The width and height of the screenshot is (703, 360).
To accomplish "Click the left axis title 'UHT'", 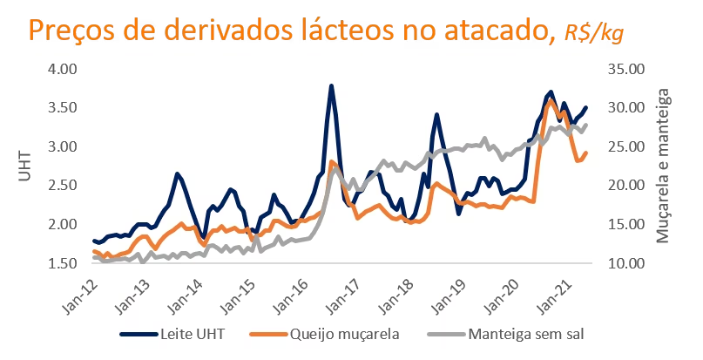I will click(x=24, y=165).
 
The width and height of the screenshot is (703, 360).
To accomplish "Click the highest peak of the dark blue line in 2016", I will click(x=331, y=86).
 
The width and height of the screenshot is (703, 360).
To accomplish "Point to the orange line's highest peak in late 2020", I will click(x=550, y=100).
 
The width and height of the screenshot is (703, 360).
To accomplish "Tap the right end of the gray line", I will click(x=585, y=125).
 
